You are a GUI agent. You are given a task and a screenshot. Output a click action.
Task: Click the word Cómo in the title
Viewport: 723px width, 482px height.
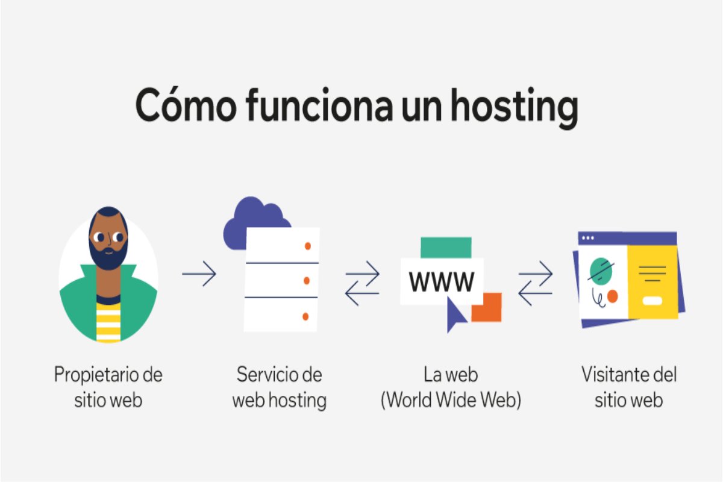point(186,105)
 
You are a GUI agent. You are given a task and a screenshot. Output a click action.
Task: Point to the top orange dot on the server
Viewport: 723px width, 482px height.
point(308,246)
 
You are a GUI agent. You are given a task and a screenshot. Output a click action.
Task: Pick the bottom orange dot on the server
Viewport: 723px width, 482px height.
point(305,316)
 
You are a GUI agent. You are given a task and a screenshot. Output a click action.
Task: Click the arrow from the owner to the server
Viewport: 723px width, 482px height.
point(199,274)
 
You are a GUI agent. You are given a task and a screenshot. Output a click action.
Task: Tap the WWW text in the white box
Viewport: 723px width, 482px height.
point(442,281)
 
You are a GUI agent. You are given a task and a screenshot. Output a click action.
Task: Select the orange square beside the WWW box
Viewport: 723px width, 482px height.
point(487,307)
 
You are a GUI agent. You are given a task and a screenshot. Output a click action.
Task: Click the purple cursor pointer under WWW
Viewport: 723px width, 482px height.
point(454,315)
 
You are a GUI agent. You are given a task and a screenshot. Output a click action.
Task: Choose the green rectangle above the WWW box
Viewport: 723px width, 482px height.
point(446,248)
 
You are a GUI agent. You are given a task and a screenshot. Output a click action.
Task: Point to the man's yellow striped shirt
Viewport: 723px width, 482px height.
point(108,322)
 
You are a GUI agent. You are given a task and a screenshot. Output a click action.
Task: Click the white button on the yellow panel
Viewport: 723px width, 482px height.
point(653,301)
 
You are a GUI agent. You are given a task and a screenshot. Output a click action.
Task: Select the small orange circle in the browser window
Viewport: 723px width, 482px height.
point(612,296)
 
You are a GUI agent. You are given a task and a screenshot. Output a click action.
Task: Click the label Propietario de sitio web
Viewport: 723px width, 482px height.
point(108,387)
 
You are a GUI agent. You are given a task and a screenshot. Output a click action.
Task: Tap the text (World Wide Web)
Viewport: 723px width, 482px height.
point(451,400)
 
